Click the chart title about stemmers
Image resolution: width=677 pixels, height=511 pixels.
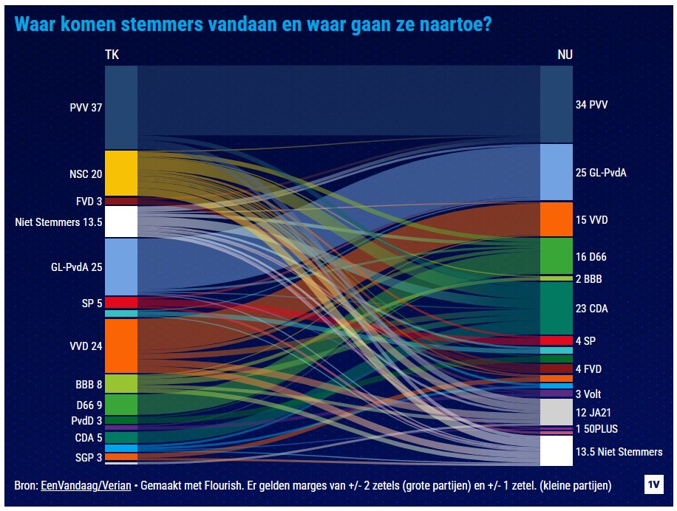click(253, 24)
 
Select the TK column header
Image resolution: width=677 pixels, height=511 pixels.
click(112, 55)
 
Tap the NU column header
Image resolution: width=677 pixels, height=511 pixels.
click(564, 55)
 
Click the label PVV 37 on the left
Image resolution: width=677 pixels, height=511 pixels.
click(86, 107)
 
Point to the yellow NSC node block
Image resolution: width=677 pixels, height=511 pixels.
click(121, 173)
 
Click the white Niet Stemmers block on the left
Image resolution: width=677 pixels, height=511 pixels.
click(121, 221)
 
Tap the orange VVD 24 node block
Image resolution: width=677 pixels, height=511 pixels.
click(121, 346)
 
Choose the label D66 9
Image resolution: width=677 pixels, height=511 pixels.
click(89, 405)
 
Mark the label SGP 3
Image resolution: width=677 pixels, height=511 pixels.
click(89, 457)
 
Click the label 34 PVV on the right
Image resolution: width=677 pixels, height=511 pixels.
click(591, 105)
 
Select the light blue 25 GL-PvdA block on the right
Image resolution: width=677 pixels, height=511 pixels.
click(556, 172)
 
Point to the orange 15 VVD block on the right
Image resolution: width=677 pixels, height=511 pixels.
click(556, 219)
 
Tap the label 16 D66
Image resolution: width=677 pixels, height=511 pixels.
click(591, 257)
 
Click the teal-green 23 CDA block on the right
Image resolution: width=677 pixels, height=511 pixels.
click(556, 309)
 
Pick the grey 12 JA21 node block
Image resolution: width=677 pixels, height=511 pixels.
click(556, 412)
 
